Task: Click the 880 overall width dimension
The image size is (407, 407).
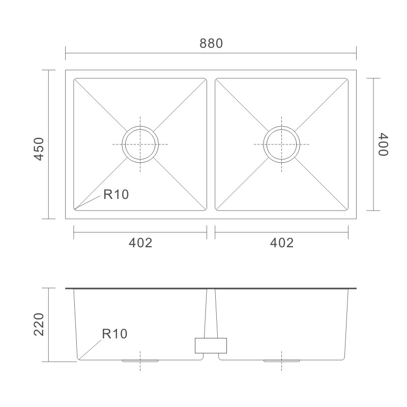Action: pos(211,43)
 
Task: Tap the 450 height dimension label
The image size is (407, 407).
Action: pos(39,149)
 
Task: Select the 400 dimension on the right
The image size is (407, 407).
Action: pos(383,144)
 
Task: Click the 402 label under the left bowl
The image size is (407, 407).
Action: pos(140,243)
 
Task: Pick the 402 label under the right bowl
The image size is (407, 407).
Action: pos(282,243)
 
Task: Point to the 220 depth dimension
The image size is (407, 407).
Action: pos(39,325)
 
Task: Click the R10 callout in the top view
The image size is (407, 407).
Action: pos(116,194)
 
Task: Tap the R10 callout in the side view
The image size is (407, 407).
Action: pos(114,334)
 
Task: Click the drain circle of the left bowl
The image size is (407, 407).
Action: pos(140,126)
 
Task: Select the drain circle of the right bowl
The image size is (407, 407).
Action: pos(282,126)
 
